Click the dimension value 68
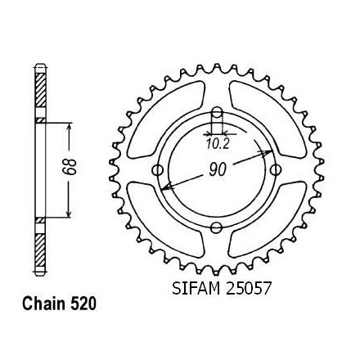click(69, 167)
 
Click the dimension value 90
click(218, 169)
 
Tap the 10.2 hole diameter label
click(218, 144)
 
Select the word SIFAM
click(196, 288)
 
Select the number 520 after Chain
click(83, 304)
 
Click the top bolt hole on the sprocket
click(218, 112)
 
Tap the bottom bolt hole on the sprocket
click(217, 227)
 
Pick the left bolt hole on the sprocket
click(157, 170)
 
